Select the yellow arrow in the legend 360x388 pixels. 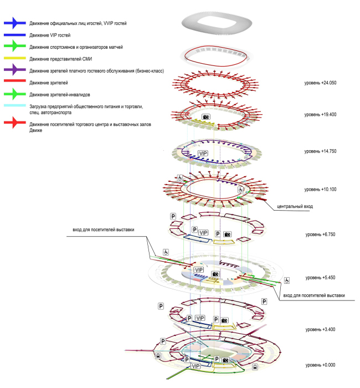point(16,58)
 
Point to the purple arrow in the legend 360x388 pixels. point(16,70)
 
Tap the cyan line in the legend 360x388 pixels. point(16,105)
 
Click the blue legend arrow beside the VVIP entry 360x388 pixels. point(16,23)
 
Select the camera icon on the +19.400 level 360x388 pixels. point(206,117)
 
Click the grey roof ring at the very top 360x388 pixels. point(216,24)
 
